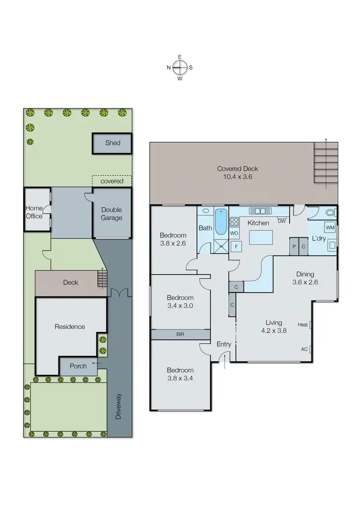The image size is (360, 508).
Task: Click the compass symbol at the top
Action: coord(180,68)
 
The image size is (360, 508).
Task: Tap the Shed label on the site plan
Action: coord(113,143)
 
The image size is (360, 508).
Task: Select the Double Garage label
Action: coord(111,214)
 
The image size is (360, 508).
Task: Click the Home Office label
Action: coord(34,212)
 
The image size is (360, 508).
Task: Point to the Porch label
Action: coord(78,366)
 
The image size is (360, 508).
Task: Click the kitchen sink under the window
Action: coord(261,211)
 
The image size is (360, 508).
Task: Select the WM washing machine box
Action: coord(330,226)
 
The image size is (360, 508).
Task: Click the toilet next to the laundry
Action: coord(329,213)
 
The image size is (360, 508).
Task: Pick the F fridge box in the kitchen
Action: coord(236,247)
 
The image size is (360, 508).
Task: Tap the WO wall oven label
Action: coord(235,233)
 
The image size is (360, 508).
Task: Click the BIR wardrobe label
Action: coord(180,334)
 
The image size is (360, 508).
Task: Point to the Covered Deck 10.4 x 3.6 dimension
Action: coord(238,177)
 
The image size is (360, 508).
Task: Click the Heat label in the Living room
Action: coord(302,325)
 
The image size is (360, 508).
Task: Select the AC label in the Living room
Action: coord(304,349)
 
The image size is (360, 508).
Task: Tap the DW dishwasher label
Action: coord(282,221)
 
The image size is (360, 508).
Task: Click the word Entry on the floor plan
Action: coord(224,344)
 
